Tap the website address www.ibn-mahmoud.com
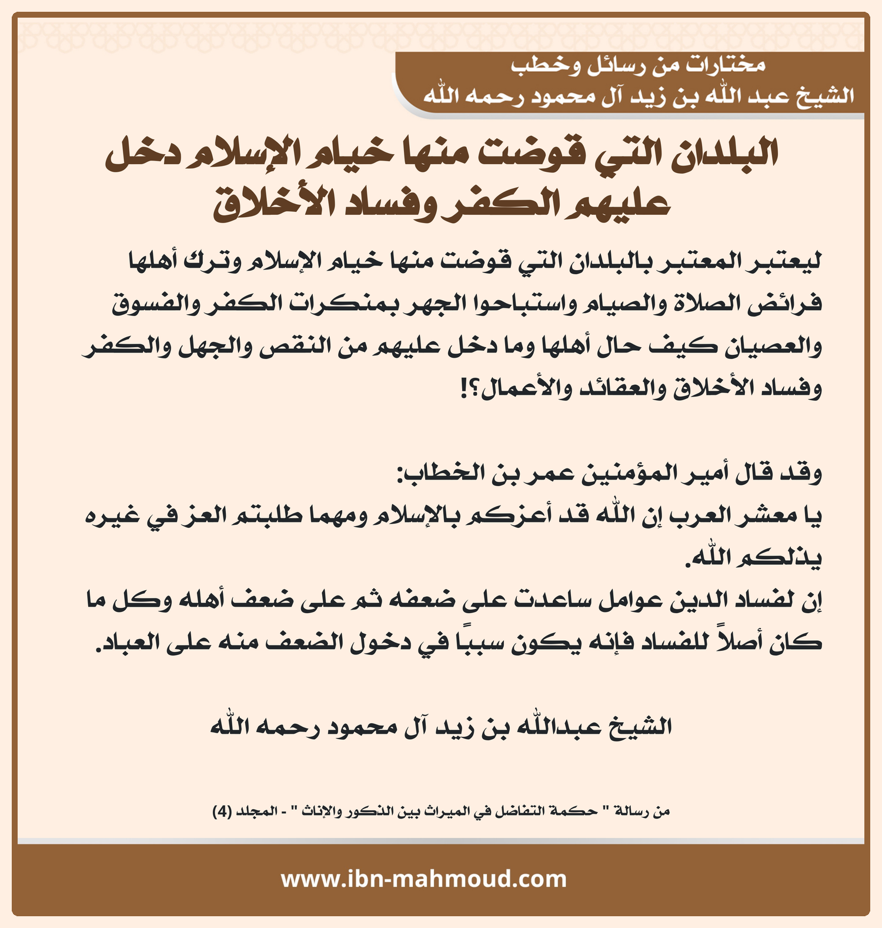[x=423, y=879]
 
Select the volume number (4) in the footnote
[x=222, y=812]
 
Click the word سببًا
[x=483, y=642]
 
